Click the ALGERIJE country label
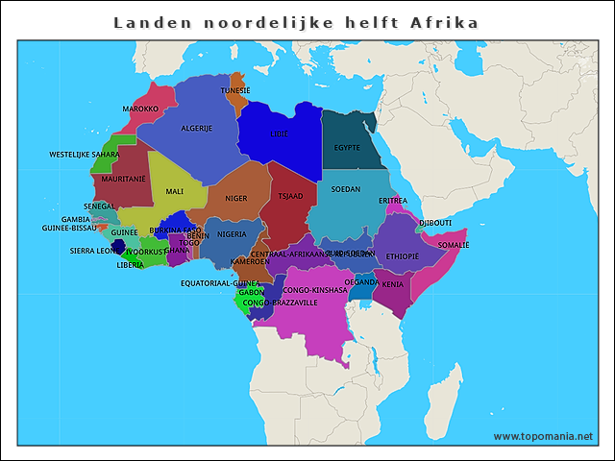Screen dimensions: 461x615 197,128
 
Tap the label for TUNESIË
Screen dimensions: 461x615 235,90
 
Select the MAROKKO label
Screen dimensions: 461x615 140,109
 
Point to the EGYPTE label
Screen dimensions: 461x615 347,148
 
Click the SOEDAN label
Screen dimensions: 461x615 346,189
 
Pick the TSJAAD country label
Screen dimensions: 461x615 290,196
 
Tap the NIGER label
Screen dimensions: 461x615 236,199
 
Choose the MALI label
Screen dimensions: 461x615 174,191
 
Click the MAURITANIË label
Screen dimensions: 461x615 123,179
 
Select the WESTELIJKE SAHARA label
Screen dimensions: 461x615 85,154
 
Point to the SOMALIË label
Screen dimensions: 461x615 454,245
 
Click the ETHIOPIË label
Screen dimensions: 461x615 402,256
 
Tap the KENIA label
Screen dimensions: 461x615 393,284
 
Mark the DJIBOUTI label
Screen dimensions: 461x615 435,223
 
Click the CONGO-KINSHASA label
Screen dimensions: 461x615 314,289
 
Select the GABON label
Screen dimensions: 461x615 252,292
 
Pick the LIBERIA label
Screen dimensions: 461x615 131,264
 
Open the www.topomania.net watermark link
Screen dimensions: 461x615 543,436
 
